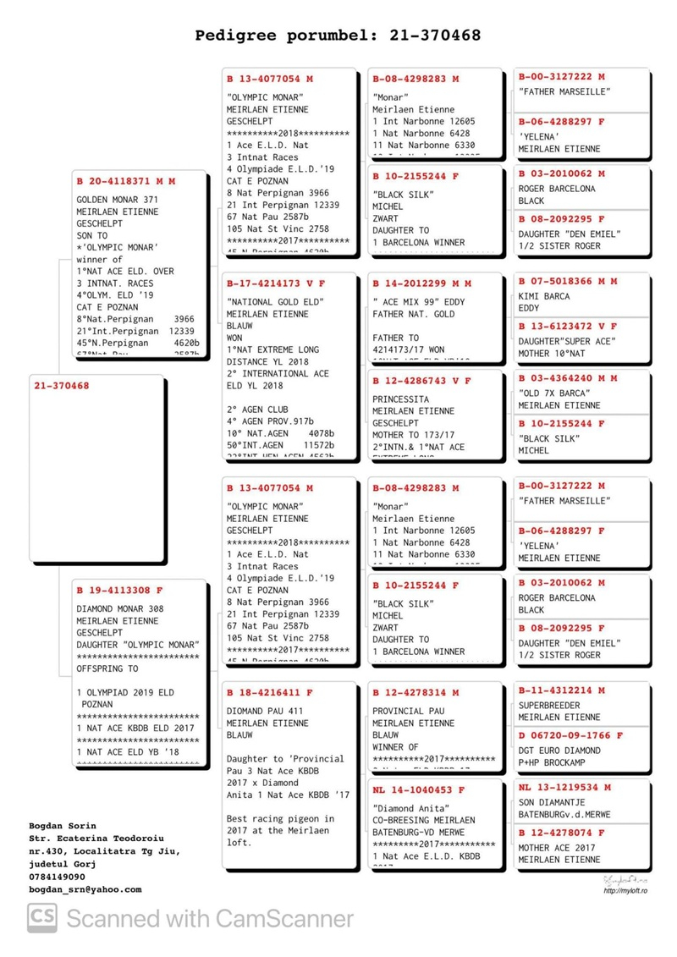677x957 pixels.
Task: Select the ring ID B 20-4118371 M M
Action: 126,181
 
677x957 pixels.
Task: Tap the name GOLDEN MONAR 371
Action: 117,200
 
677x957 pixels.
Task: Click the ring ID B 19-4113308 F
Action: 119,591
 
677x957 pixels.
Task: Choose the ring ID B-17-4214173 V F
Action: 276,283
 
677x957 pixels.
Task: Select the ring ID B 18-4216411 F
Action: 269,692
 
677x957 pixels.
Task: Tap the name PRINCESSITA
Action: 400,399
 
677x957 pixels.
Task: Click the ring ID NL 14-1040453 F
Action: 418,790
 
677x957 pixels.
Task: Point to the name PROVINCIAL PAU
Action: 408,712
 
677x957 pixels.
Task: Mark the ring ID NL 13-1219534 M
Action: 564,788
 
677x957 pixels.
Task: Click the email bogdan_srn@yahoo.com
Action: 85,889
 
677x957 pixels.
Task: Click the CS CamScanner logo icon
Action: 41,918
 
